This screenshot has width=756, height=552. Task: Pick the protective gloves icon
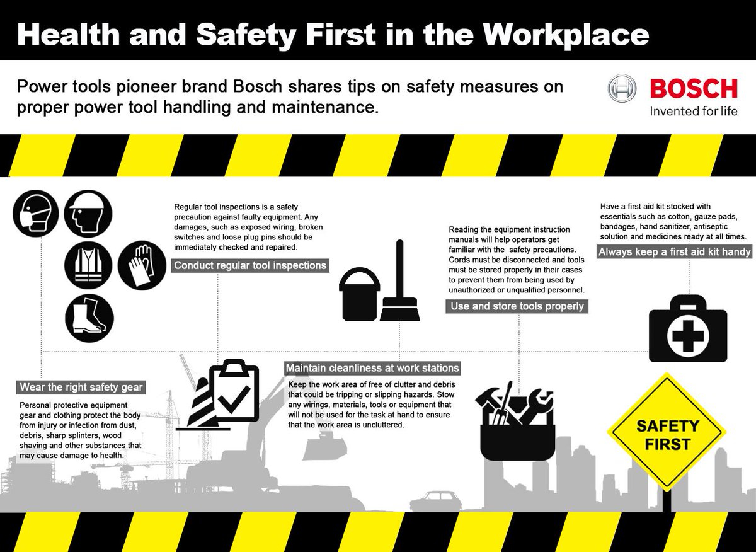(142, 265)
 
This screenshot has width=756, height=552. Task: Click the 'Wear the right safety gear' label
(81, 387)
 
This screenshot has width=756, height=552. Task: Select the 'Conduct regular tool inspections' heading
(250, 265)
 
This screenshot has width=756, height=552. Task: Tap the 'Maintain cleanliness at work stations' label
(372, 368)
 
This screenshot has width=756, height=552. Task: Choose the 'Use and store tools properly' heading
(517, 306)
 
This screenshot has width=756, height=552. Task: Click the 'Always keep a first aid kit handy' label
(675, 252)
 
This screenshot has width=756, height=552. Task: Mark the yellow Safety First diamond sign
(667, 435)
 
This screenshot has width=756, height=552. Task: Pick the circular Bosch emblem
(623, 89)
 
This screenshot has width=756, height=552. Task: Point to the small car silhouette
(434, 501)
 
